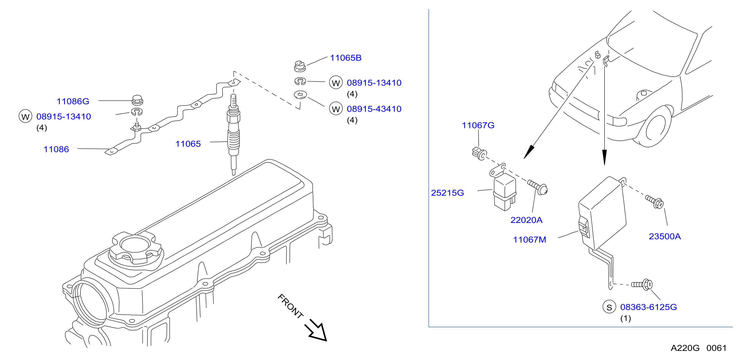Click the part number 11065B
[346, 58]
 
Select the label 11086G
[73, 101]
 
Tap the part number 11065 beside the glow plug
[188, 144]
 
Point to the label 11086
[56, 149]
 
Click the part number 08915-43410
[374, 109]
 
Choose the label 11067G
[478, 125]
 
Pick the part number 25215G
[447, 193]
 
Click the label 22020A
[526, 220]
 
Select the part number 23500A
[665, 237]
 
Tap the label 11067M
[529, 240]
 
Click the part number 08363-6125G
[648, 307]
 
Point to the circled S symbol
[609, 307]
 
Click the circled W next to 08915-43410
[336, 109]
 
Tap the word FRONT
[290, 306]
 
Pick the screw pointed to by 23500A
[655, 202]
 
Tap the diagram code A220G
[685, 348]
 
